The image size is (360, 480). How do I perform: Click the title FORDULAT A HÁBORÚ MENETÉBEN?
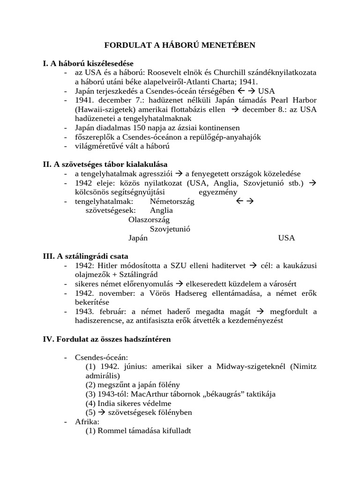(180, 45)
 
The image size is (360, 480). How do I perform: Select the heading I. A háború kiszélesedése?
(88, 63)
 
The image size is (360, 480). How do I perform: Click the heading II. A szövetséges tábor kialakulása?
(105, 164)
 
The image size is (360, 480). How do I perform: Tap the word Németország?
(172, 201)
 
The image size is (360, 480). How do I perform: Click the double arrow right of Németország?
(244, 201)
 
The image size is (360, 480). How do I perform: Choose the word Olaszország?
(149, 219)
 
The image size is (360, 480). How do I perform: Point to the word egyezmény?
(218, 192)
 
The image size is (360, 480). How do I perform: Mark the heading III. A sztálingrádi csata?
(85, 256)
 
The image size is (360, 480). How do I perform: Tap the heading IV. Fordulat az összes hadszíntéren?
(107, 339)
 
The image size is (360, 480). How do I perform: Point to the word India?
(106, 403)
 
